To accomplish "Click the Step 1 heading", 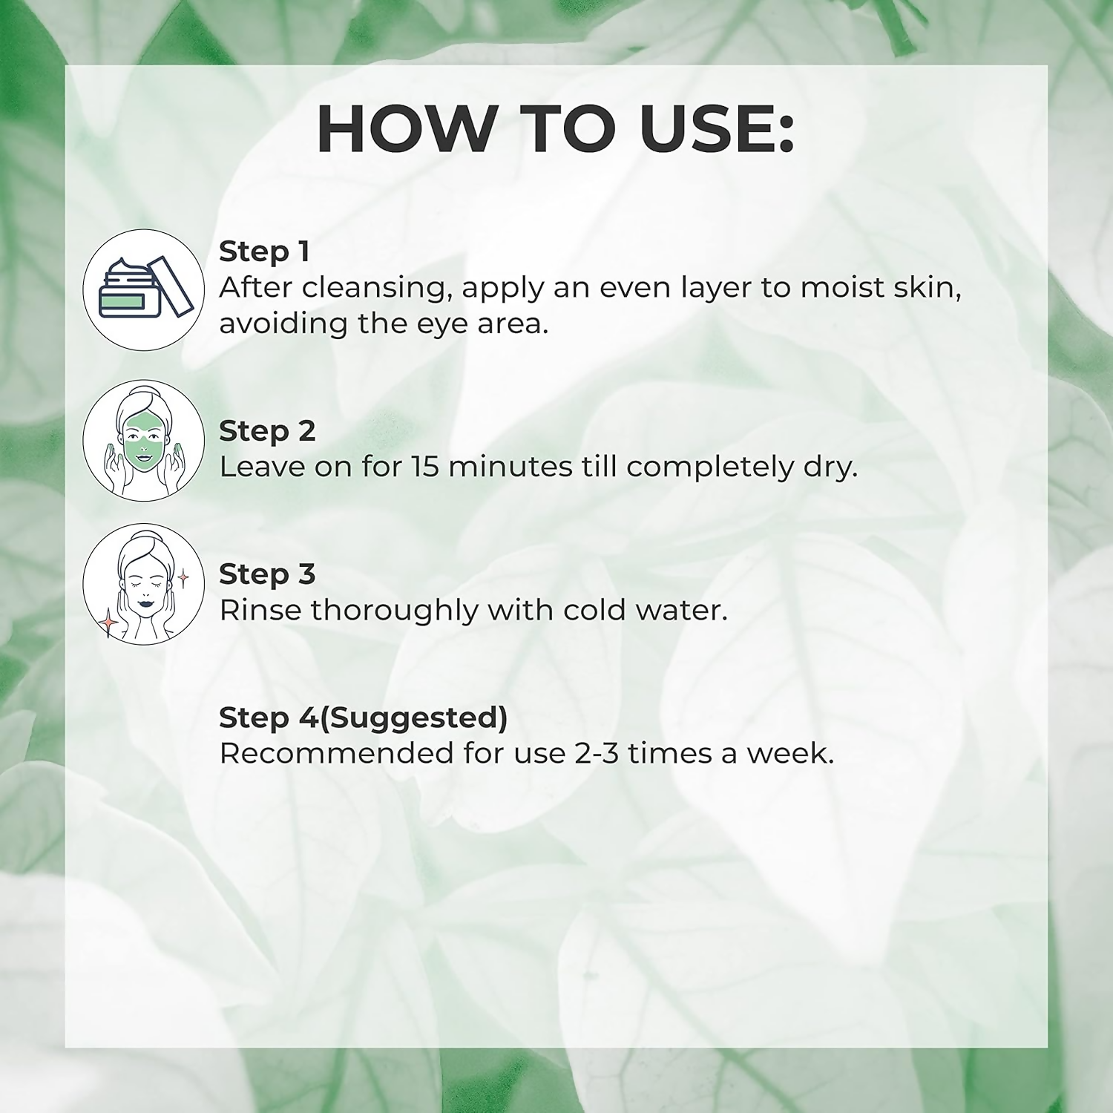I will pos(264,252).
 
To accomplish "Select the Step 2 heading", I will pos(267,431).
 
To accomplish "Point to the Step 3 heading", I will pos(267,574).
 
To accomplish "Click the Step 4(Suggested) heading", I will pos(364,718).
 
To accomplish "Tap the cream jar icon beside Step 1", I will pos(143,290).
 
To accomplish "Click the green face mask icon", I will pos(143,441).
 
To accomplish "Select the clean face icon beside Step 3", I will pos(143,584).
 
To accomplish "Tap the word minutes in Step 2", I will pos(510,467).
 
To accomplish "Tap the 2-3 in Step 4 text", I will pos(597,753).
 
